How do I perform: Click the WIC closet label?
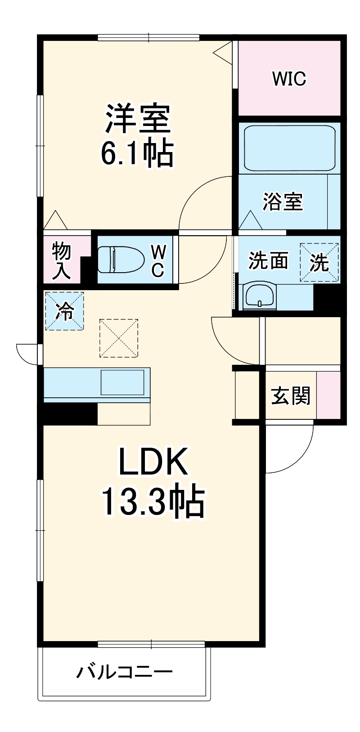pyautogui.click(x=289, y=79)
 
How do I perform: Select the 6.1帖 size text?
pyautogui.click(x=136, y=154)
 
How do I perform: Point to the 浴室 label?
pyautogui.click(x=283, y=202)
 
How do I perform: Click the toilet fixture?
pyautogui.click(x=120, y=260)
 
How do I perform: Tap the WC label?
pyautogui.click(x=157, y=260)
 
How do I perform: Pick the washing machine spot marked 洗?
pyautogui.click(x=319, y=262)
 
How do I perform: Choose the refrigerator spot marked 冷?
pyautogui.click(x=64, y=311)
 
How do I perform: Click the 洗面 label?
pyautogui.click(x=268, y=261)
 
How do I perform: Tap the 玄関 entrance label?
pyautogui.click(x=291, y=396)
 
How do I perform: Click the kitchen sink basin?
pyautogui.click(x=122, y=382)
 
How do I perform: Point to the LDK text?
pyautogui.click(x=153, y=462)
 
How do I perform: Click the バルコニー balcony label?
pyautogui.click(x=124, y=673)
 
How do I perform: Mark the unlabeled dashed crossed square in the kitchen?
pyautogui.click(x=119, y=338)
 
